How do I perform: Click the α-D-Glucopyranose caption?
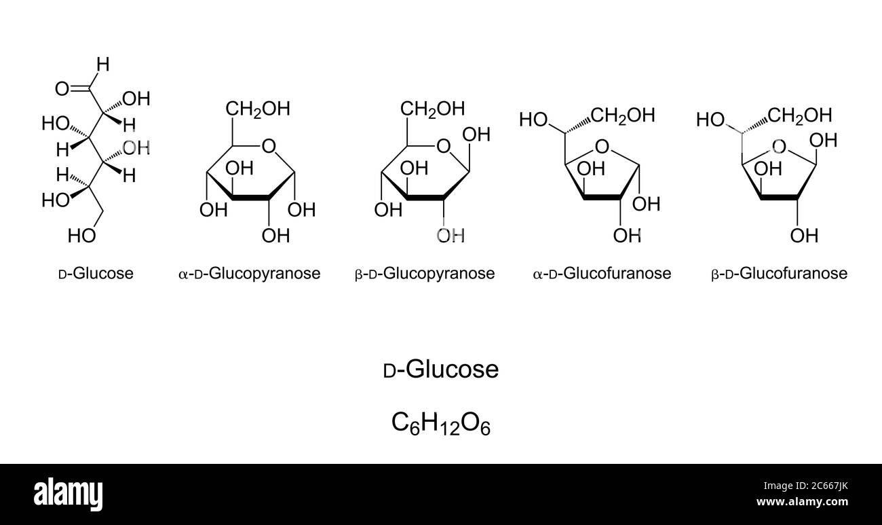coord(249,273)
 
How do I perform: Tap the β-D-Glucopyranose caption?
coord(425,273)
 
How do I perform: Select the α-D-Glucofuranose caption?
coord(602,273)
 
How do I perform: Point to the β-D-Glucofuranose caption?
coord(779,273)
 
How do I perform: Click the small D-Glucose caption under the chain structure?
coord(96,273)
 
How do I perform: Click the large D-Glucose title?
coord(441,369)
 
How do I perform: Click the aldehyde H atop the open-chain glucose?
coord(102,65)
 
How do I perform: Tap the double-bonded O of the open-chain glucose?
coord(62,88)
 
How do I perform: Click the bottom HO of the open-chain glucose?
coord(82,236)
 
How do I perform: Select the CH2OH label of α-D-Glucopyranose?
coord(258,109)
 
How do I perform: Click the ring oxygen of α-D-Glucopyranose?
coord(269,146)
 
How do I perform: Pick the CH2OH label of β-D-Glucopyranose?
coord(432,109)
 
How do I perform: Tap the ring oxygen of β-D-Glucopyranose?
coord(444,146)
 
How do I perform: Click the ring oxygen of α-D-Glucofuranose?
coord(601,147)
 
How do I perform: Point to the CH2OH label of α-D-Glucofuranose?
coord(623,115)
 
